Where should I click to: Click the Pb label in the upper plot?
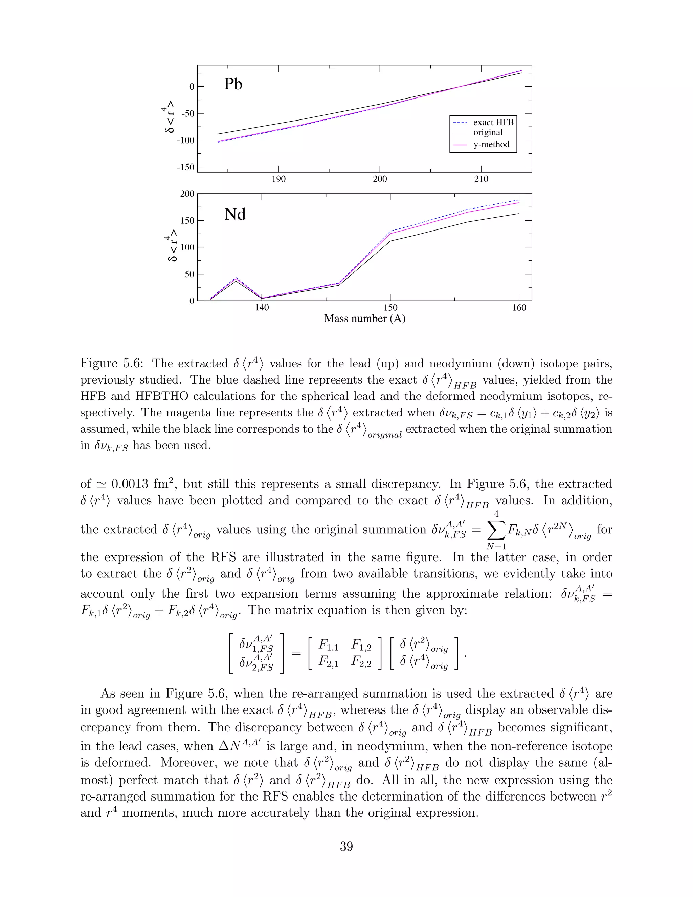point(233,84)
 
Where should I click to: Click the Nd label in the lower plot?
point(235,214)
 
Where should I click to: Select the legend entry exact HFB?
point(493,123)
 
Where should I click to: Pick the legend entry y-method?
point(491,145)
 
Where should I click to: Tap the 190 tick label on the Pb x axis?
point(278,179)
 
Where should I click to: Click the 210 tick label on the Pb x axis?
point(481,179)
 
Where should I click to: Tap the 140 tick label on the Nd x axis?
point(262,308)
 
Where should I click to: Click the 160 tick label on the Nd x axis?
point(519,308)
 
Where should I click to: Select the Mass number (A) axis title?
point(364,319)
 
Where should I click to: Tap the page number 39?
point(346,847)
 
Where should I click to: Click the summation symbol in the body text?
point(496,530)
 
